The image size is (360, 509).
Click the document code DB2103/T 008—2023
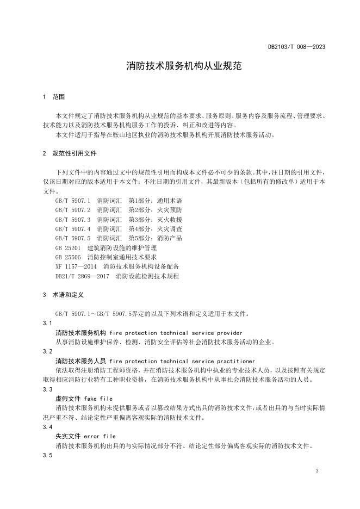[x=296, y=47]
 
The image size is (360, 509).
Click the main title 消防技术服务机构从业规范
[x=179, y=66]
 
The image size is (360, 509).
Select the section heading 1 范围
[x=53, y=97]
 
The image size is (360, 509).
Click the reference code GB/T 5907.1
[x=73, y=201]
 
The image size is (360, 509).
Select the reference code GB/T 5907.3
[x=73, y=219]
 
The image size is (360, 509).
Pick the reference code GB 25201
[x=67, y=247]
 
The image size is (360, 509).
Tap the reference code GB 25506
[x=67, y=257]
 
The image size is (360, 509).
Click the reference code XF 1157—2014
[x=76, y=266]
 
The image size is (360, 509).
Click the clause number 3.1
[x=47, y=323]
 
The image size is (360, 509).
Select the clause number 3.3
[x=47, y=389]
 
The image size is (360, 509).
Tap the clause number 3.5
[x=47, y=456]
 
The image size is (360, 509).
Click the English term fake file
[x=98, y=399]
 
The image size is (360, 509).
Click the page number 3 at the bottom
[x=316, y=470]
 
